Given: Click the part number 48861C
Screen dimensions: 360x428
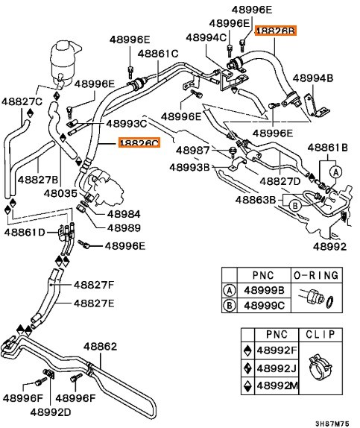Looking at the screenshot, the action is (x=158, y=54).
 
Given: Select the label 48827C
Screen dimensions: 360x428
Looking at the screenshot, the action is (x=22, y=102).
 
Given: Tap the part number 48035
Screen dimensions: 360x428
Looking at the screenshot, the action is (x=60, y=194).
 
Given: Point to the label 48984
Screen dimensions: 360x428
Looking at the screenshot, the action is (x=124, y=214).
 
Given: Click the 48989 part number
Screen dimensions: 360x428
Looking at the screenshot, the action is (x=124, y=228).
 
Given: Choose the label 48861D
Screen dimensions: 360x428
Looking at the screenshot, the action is (x=25, y=233).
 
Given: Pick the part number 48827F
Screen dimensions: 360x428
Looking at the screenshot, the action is (x=94, y=285).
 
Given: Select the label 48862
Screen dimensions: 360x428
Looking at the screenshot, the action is (x=100, y=347).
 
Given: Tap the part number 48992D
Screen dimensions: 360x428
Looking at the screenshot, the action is (x=51, y=412).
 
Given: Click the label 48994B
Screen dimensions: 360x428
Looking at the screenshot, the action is (x=313, y=78).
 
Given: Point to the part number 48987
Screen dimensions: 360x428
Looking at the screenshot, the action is (x=193, y=151).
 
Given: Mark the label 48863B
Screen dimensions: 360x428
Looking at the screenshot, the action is (x=256, y=200).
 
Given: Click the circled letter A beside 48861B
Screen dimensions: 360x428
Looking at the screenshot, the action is (x=335, y=172).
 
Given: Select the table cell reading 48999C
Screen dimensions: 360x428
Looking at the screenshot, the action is (x=264, y=306).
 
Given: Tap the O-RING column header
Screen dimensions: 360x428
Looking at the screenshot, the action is (x=316, y=275).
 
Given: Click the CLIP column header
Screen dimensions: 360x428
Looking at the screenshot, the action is (x=320, y=334).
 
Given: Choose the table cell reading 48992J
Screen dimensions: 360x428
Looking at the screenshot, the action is (x=277, y=368).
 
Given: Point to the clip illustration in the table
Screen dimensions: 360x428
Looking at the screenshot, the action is (x=320, y=367).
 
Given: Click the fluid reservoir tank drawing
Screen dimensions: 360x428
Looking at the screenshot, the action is (x=65, y=63).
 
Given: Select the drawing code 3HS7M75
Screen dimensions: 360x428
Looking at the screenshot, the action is (x=332, y=424).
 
